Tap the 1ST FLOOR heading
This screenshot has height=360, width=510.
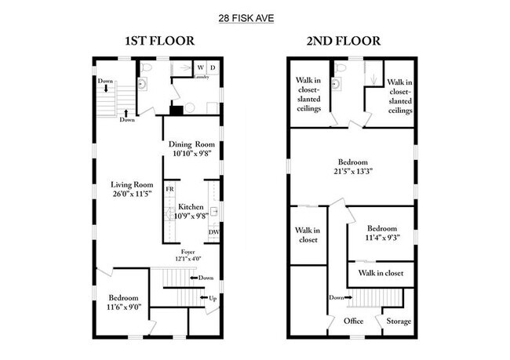pyautogui.click(x=160, y=41)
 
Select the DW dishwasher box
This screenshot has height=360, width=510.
pyautogui.click(x=213, y=232)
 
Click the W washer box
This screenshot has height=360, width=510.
pyautogui.click(x=200, y=68)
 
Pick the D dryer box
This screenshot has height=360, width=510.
pyautogui.click(x=213, y=68)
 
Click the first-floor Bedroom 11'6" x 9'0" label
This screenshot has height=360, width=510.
pyautogui.click(x=123, y=303)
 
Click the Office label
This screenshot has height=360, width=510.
pyautogui.click(x=354, y=321)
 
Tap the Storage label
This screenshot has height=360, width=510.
pyautogui.click(x=393, y=321)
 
